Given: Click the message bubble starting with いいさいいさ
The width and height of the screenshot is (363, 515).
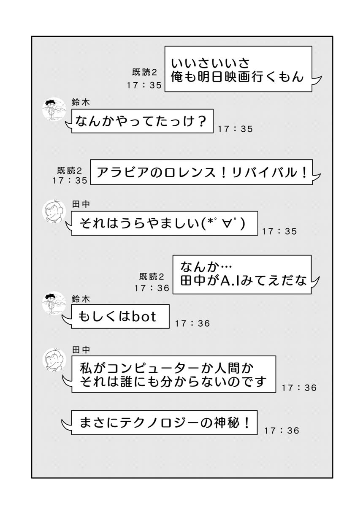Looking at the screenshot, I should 238,70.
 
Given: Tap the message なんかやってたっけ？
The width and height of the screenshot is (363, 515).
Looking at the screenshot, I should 142,121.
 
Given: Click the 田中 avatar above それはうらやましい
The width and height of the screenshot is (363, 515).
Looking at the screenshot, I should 53,211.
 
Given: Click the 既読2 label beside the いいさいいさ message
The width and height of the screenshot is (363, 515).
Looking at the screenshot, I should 145,72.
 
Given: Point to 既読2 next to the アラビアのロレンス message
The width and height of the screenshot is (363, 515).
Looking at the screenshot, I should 70,170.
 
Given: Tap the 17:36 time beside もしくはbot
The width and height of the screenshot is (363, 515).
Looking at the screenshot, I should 192,324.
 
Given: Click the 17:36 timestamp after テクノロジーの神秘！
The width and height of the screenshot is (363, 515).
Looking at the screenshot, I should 282,431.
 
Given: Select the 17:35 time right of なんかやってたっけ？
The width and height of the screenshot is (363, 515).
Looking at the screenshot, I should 235,129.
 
